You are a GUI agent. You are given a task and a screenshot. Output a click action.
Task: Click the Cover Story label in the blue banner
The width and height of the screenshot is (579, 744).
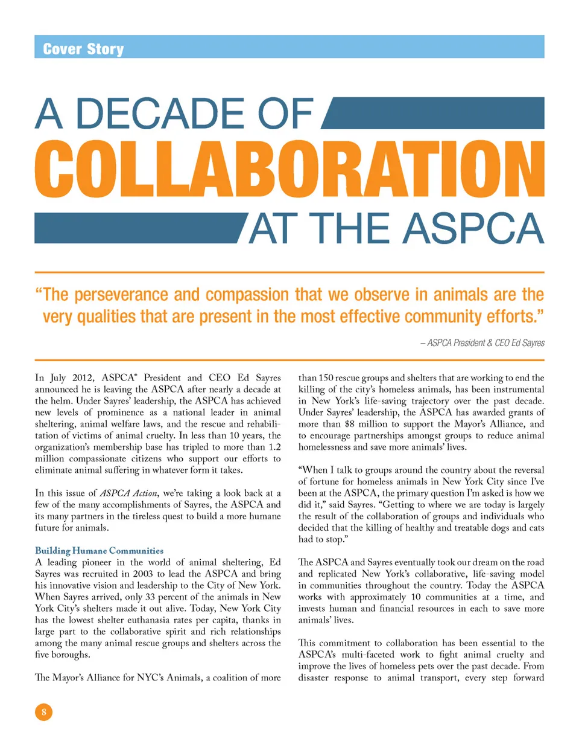click(x=83, y=48)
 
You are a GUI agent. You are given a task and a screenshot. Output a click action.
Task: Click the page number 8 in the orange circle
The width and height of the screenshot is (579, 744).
click(x=43, y=713)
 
